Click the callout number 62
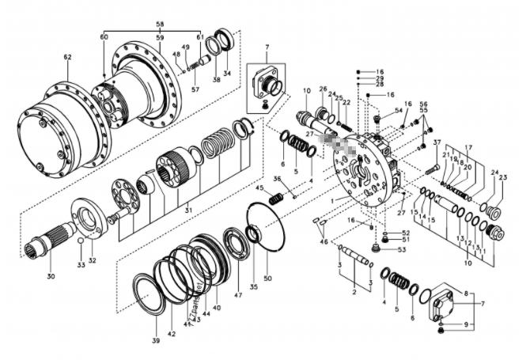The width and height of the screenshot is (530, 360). pos(67,57)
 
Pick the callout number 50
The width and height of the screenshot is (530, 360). pos(267,279)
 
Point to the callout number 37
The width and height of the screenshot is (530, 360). pos(436,142)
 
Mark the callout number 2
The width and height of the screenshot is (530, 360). pos(354,293)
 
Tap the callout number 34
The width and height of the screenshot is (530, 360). pos(227,74)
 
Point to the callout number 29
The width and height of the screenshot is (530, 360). pos(380,80)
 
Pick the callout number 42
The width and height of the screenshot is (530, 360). pos(171,335)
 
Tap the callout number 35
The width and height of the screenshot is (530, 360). pos(253,288)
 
